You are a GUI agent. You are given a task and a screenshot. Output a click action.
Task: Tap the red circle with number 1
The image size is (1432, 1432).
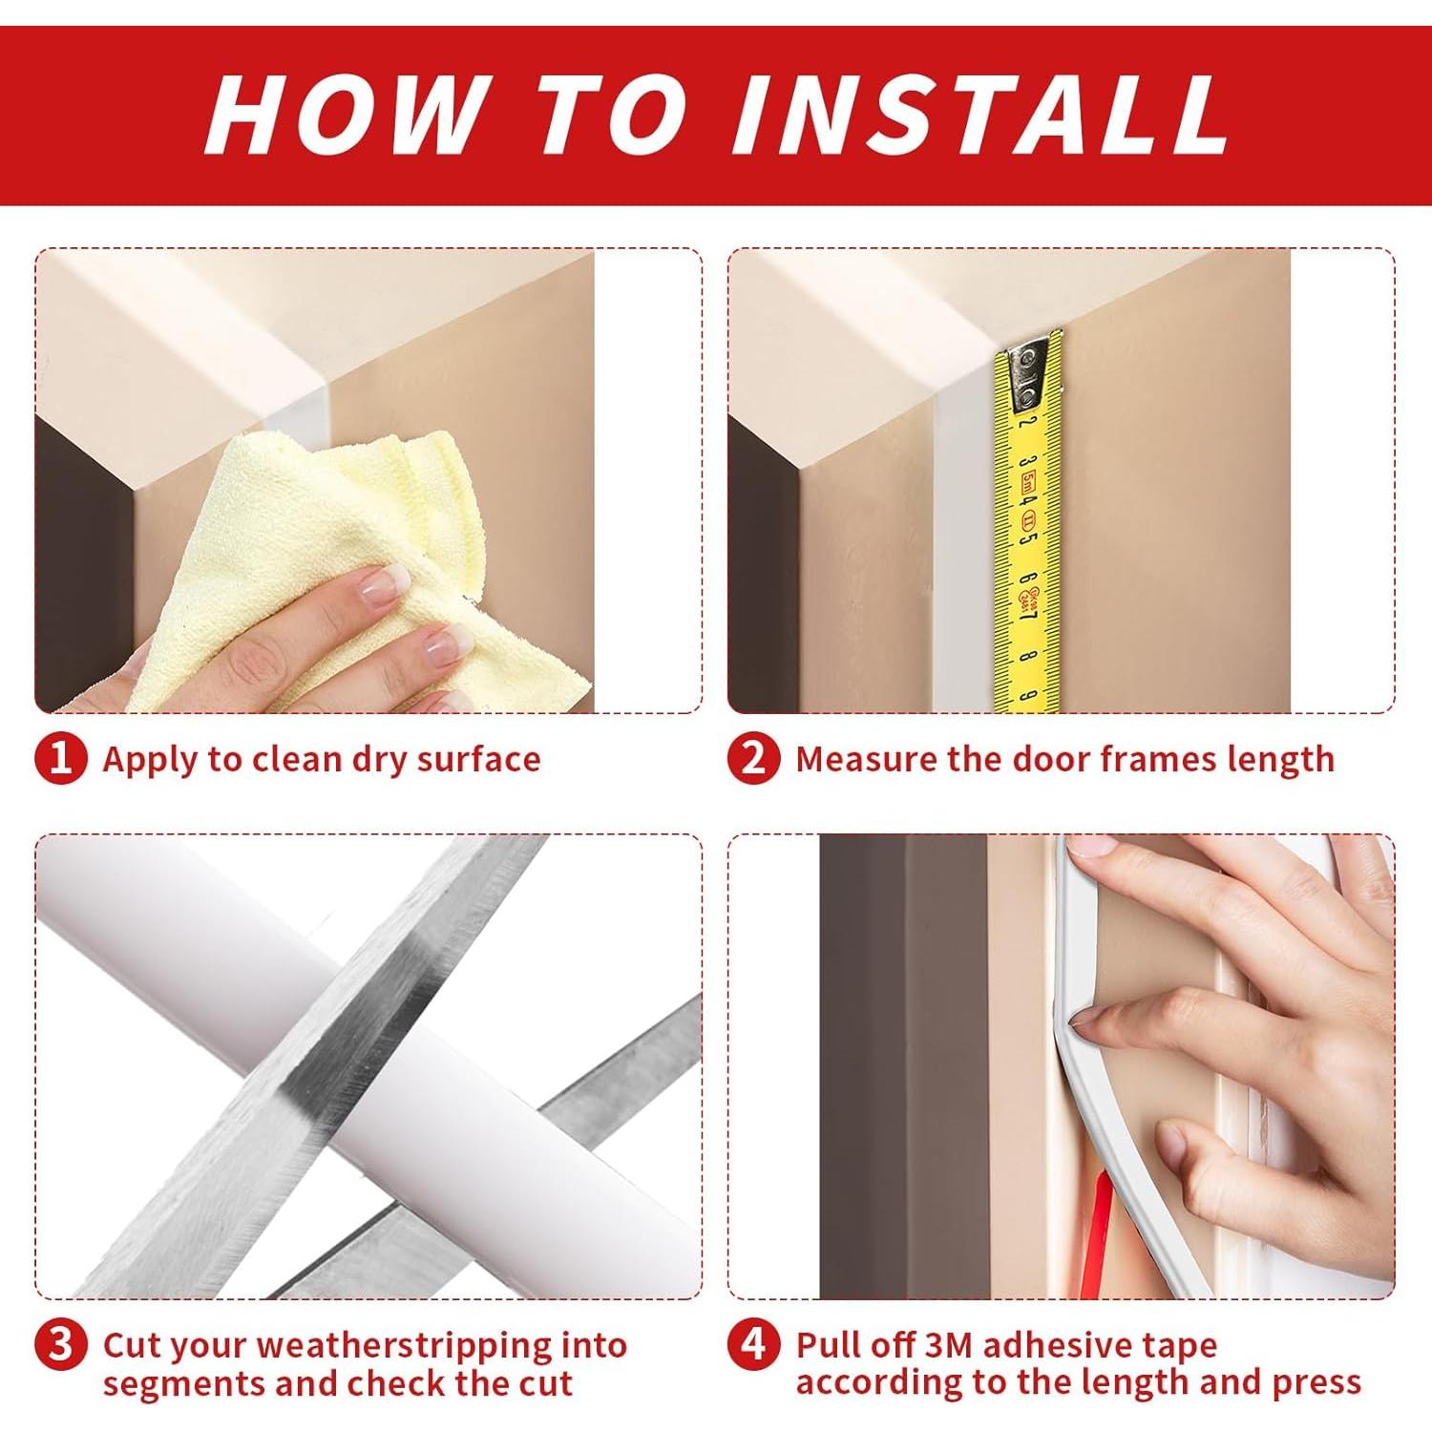[61, 759]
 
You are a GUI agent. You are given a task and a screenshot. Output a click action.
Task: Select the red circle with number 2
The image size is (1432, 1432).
[753, 759]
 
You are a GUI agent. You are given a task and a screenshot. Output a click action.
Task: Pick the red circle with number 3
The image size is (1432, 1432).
[61, 1344]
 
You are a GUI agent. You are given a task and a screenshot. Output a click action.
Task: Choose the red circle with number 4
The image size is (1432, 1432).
[753, 1344]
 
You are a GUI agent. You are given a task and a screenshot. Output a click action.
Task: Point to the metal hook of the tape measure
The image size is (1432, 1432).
[1030, 363]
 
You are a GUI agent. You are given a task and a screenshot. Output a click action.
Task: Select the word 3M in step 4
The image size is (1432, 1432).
[948, 1345]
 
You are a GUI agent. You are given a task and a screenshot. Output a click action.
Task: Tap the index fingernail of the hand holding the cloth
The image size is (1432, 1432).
[376, 586]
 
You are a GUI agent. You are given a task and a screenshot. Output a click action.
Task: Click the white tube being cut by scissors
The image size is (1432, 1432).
[382, 1060]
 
